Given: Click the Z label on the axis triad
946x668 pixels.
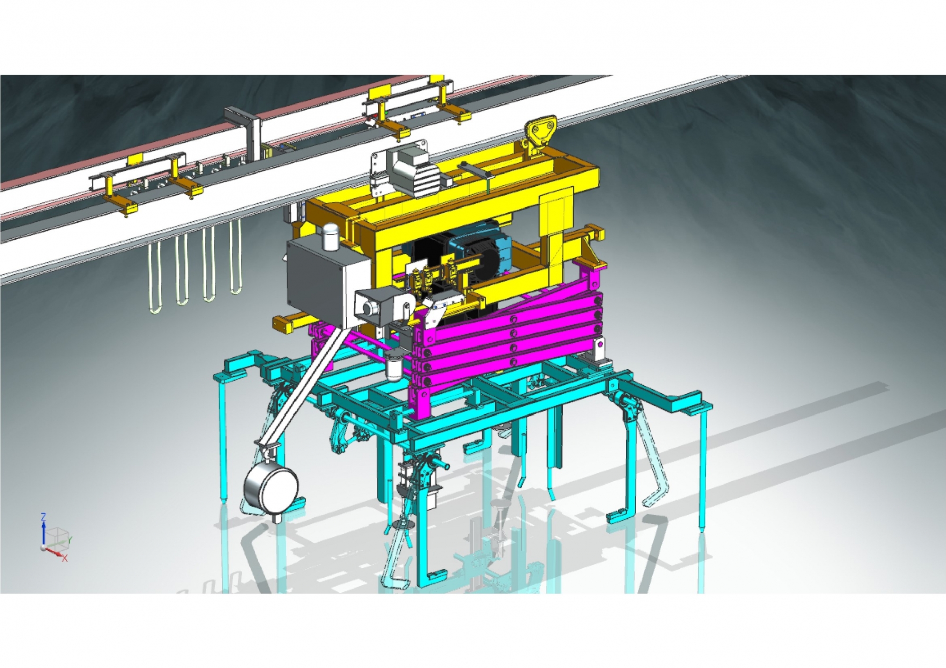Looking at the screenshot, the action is click(x=44, y=517).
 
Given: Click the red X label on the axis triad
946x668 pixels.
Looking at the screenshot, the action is click(x=65, y=558).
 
